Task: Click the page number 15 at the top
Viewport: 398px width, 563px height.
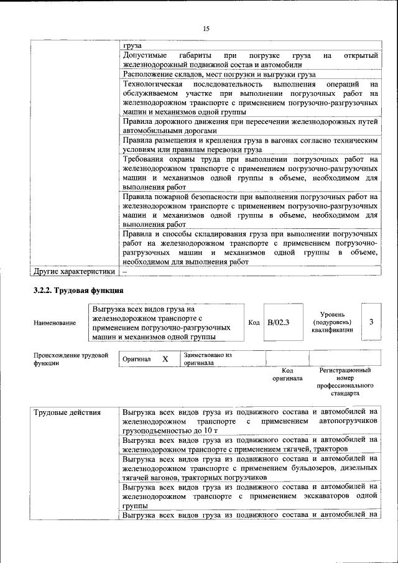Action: [x=206, y=29]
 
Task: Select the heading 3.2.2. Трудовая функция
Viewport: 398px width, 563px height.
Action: [x=78, y=291]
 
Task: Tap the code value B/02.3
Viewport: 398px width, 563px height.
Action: [x=278, y=322]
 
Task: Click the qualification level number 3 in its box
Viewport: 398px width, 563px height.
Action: [x=371, y=322]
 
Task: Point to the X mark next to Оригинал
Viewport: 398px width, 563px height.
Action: [x=165, y=360]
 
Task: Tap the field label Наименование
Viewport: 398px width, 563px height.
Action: [x=55, y=322]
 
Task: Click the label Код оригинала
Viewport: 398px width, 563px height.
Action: [x=287, y=374]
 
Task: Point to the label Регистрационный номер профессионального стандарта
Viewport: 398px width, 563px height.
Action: [x=345, y=382]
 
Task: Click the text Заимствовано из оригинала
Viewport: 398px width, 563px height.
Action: [x=207, y=359]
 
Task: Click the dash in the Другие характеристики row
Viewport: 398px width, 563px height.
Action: [x=124, y=271]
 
